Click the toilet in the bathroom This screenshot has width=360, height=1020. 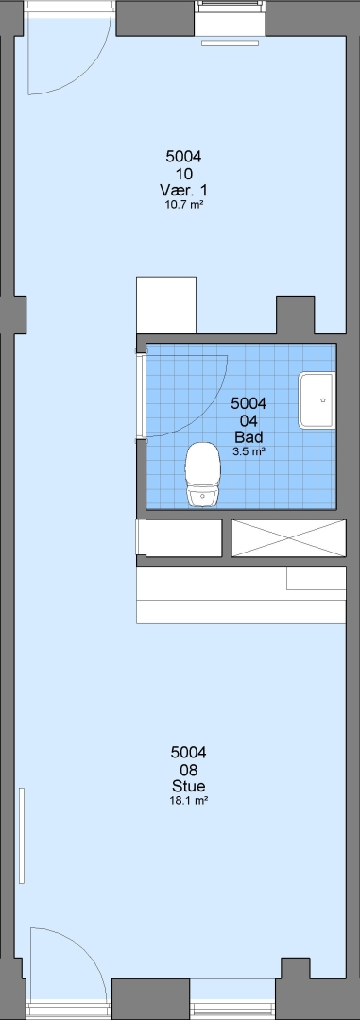(x=202, y=473)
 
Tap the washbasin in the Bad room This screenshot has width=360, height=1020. (x=317, y=400)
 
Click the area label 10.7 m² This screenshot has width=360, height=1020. (x=183, y=205)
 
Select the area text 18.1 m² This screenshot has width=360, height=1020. (x=188, y=801)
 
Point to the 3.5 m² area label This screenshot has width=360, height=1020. (x=249, y=452)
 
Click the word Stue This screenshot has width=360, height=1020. (x=188, y=786)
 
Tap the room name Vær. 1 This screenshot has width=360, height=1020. (x=183, y=190)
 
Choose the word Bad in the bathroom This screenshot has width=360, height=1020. (x=249, y=437)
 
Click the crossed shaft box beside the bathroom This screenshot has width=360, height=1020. (x=288, y=538)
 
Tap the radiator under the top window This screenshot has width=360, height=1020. (x=230, y=42)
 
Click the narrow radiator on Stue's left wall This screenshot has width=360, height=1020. (x=22, y=835)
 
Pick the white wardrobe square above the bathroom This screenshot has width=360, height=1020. (x=166, y=306)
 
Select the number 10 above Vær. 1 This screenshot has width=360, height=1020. (x=183, y=174)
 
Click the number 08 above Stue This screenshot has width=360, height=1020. (x=188, y=770)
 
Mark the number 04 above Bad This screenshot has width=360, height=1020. (x=249, y=421)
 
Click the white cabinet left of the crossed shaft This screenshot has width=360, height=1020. (x=179, y=538)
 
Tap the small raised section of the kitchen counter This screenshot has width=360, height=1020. (x=317, y=578)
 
